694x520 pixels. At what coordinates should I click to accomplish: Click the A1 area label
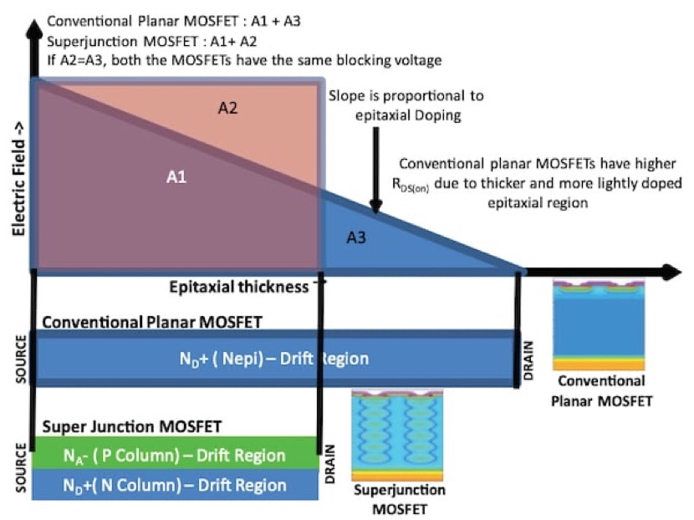tap(176, 176)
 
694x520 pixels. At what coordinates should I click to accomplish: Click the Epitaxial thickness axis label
tap(238, 288)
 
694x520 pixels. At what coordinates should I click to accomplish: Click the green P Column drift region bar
tap(175, 456)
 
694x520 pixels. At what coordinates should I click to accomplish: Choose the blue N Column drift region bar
tap(175, 485)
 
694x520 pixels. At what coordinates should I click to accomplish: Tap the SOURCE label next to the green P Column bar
tap(19, 468)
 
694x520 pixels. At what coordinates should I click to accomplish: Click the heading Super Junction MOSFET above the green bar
tap(131, 426)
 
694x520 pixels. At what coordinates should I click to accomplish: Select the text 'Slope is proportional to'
tap(406, 97)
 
